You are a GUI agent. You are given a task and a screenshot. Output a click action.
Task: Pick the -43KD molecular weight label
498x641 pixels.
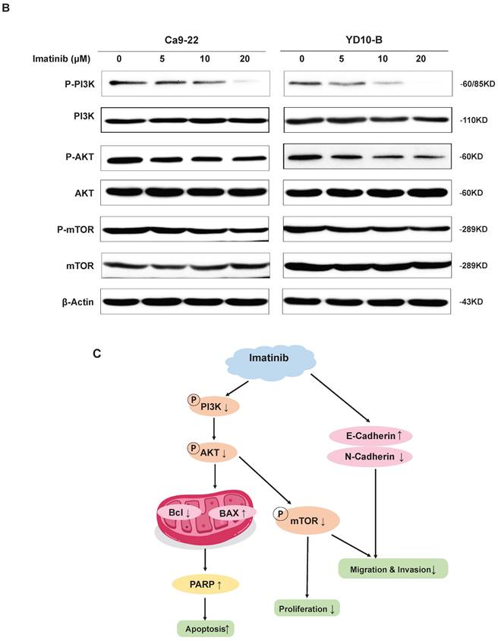coord(468,302)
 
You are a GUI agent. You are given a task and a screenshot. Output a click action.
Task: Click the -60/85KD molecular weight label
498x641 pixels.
coord(474,84)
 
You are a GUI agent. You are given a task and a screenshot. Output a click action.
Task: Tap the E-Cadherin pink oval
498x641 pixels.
coord(369,436)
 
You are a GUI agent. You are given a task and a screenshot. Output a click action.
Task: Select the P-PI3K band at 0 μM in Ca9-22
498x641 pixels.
coord(124,82)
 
